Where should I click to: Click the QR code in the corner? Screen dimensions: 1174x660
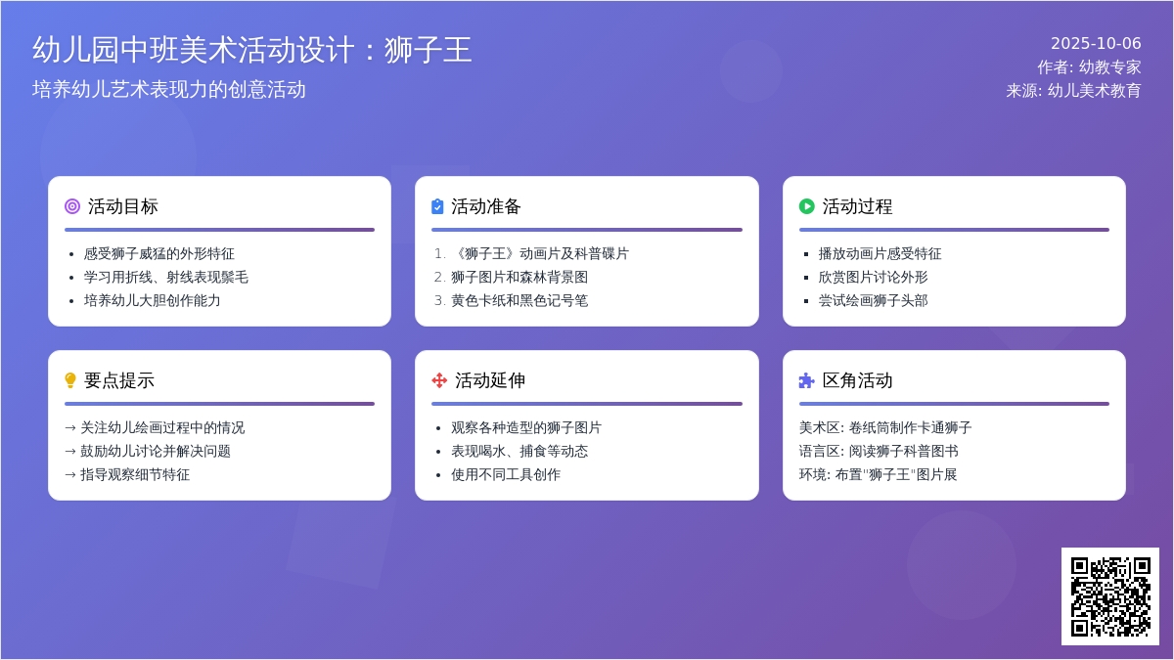click(x=1110, y=596)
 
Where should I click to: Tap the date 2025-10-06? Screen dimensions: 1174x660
click(x=1096, y=43)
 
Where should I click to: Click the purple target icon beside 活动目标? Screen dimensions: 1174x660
click(x=72, y=206)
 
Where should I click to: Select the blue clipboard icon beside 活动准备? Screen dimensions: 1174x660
click(x=437, y=206)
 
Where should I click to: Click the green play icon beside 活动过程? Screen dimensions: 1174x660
click(x=806, y=206)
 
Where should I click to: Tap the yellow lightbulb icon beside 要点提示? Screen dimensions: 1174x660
click(x=69, y=380)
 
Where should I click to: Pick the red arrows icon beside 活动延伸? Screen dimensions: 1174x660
click(x=439, y=380)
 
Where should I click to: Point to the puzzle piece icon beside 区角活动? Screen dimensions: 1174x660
click(x=806, y=380)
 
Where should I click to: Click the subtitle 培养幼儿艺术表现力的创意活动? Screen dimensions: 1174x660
click(x=168, y=89)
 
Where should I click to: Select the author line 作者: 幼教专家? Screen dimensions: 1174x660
click(x=1089, y=67)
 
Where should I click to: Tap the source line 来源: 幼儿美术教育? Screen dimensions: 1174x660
click(x=1073, y=91)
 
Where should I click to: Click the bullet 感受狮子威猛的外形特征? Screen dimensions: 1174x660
click(x=158, y=254)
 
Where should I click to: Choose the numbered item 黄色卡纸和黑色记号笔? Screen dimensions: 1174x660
click(x=519, y=301)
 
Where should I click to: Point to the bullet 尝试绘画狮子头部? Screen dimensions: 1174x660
click(x=873, y=301)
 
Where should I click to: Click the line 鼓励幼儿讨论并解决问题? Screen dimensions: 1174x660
click(x=156, y=451)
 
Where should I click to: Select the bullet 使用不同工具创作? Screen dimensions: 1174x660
click(x=506, y=474)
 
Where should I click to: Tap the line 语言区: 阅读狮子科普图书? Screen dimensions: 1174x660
click(x=879, y=451)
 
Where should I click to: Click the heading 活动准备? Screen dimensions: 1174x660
click(x=486, y=206)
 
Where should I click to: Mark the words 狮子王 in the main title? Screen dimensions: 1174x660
click(x=428, y=50)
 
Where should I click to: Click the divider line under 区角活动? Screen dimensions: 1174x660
click(x=954, y=404)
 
